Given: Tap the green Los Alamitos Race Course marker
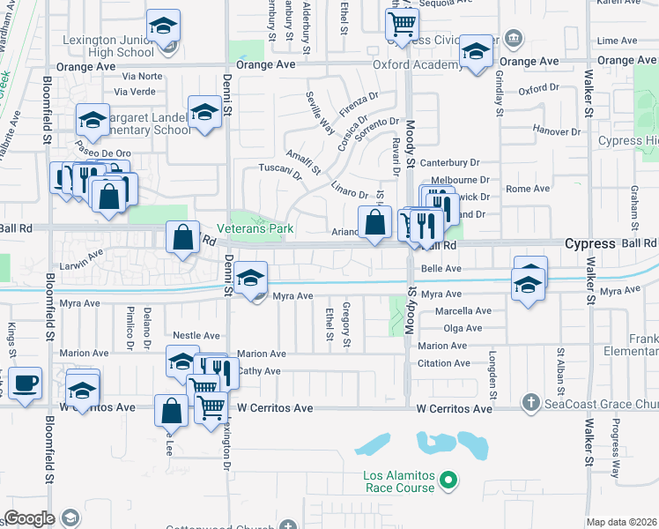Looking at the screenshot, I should point(448,481).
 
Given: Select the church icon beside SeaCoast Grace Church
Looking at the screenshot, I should point(530,402).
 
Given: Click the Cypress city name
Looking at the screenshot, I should point(589,243).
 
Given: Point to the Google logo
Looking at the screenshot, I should point(29,518).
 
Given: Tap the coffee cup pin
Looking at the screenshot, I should point(26,384).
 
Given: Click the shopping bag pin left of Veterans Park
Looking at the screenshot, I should point(181,237).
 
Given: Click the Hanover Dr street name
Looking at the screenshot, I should point(557,131).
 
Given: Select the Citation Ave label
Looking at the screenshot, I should point(443,363).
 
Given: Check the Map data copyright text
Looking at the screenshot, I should point(622,522).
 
